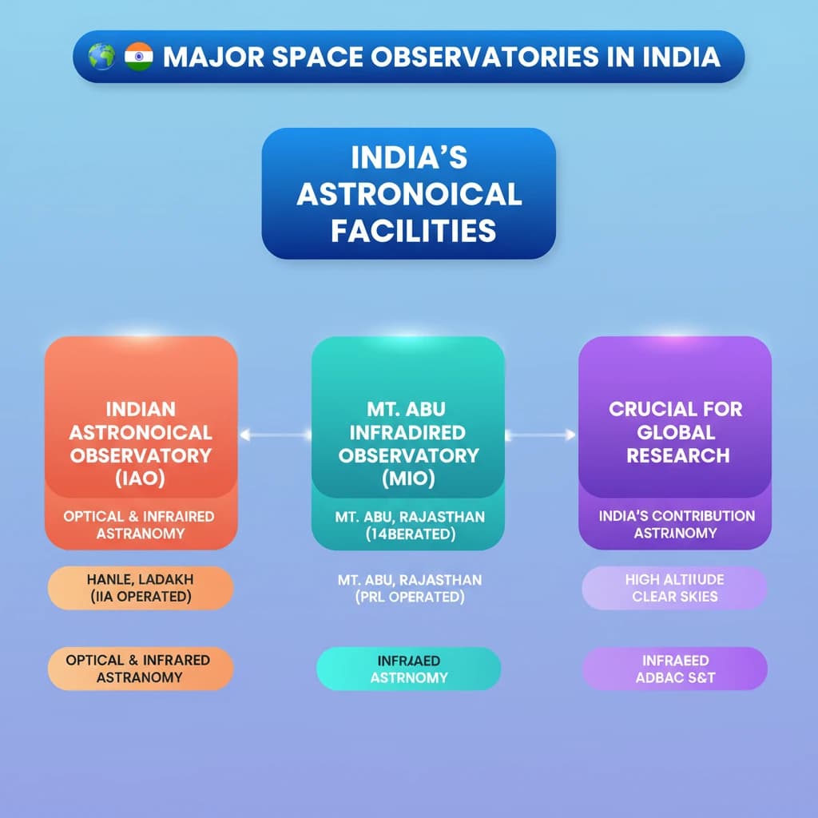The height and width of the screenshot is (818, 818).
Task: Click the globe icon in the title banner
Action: [101, 58]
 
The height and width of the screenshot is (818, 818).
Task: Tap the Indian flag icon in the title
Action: [138, 58]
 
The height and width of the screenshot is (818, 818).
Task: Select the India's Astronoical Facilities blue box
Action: [408, 193]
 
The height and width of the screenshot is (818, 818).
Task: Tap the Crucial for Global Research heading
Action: [676, 432]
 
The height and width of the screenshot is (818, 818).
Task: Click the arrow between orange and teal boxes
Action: [275, 435]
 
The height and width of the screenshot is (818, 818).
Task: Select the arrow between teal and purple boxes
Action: [541, 435]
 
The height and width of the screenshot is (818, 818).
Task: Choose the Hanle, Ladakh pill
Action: [141, 588]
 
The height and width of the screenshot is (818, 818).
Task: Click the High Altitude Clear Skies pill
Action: [674, 588]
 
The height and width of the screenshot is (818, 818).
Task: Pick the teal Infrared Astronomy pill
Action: [408, 669]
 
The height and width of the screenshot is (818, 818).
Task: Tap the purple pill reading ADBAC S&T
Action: [674, 669]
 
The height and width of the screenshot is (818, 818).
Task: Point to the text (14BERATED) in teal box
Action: [409, 534]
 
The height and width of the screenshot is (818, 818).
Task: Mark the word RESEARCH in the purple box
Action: [678, 456]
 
